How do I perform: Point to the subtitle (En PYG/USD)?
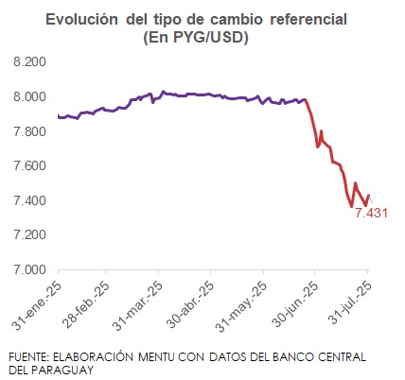[204, 37]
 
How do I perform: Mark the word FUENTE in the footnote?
[29, 356]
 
